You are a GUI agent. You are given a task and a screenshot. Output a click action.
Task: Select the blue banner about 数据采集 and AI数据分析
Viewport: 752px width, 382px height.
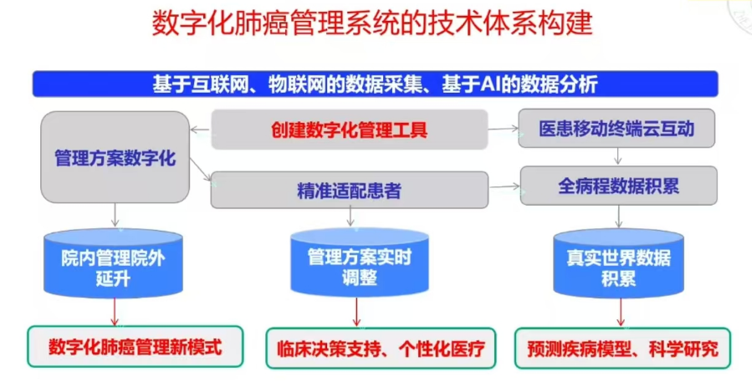coord(375,84)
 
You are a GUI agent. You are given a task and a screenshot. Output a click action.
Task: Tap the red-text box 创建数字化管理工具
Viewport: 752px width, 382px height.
coord(349,130)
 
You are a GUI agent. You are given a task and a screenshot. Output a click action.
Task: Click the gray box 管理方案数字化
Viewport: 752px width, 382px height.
coord(115,157)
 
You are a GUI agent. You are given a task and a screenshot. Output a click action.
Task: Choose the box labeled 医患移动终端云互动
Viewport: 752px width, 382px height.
coord(616,130)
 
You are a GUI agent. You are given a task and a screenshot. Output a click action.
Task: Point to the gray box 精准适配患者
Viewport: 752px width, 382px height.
coord(349,190)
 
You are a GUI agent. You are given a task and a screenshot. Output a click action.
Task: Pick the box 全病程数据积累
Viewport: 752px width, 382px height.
coord(618,186)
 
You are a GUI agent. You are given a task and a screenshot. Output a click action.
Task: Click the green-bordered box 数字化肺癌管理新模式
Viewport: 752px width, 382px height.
coord(136,346)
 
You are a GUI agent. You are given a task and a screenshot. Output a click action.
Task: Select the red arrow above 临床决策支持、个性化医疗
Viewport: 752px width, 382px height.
coord(358,314)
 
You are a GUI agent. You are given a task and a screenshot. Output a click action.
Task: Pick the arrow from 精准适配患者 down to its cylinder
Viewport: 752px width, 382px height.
coord(350,218)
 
